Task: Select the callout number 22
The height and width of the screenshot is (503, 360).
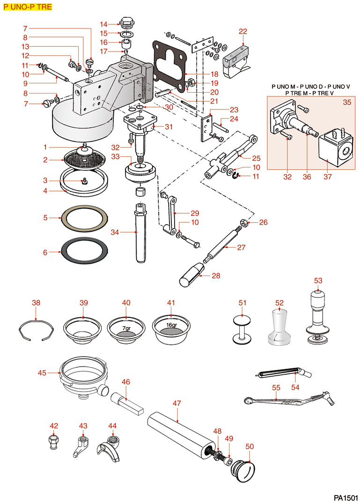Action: (x=242, y=31)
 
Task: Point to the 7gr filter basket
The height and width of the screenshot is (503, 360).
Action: (x=126, y=327)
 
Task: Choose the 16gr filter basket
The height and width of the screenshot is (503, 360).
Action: (x=171, y=327)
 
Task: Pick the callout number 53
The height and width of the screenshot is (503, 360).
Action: (x=318, y=281)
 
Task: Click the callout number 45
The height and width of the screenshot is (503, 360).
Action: (x=42, y=373)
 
